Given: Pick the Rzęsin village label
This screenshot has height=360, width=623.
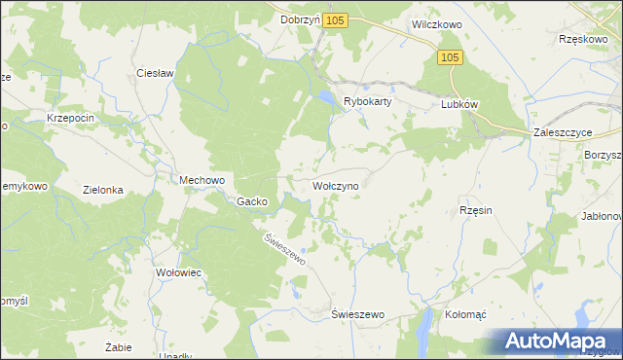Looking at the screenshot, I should tap(477, 209).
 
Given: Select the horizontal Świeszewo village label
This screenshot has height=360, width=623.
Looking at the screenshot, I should tap(358, 315).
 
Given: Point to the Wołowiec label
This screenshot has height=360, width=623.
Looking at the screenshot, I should tap(178, 273).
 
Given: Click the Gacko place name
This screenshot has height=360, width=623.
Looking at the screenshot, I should tap(252, 201).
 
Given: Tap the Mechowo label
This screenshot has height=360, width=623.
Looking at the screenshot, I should tap(202, 180).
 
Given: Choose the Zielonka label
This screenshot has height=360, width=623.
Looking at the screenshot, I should tap(103, 191).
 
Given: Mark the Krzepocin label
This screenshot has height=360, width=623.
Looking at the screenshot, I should tap(70, 118).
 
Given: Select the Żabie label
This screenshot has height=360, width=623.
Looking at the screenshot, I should tap(118, 346).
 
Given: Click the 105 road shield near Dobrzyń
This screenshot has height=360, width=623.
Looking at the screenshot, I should tap(337, 20).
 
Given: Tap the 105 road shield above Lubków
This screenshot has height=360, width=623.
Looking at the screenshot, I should tap(449, 58).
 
